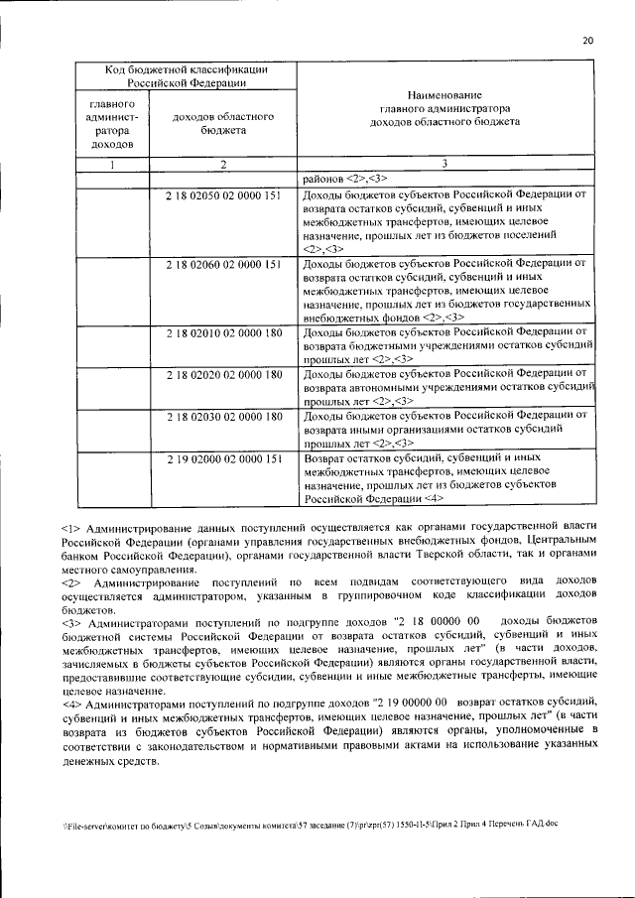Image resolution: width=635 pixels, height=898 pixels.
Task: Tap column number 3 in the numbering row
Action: pos(445,165)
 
